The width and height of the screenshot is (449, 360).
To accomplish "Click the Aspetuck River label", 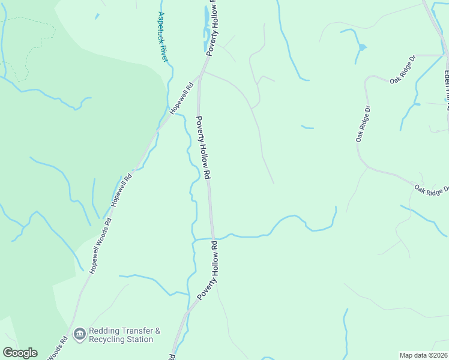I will (162, 36).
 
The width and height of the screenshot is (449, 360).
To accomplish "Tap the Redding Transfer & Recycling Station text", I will (125, 335).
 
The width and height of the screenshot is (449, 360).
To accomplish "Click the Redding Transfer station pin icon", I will (79, 334).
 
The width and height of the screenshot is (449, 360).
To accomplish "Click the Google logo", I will (20, 353).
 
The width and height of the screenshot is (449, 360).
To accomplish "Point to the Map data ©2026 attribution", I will (423, 355).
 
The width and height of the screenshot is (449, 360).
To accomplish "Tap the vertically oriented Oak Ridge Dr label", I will (363, 124).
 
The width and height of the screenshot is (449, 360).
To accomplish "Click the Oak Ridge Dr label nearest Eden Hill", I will (403, 71).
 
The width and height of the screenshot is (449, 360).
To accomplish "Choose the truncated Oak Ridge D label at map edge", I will (431, 190).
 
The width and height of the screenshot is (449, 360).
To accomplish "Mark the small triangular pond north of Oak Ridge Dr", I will (362, 47).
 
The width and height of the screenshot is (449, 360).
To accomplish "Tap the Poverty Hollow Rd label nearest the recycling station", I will (206, 271).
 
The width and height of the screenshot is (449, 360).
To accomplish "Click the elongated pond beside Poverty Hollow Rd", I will (207, 21).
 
